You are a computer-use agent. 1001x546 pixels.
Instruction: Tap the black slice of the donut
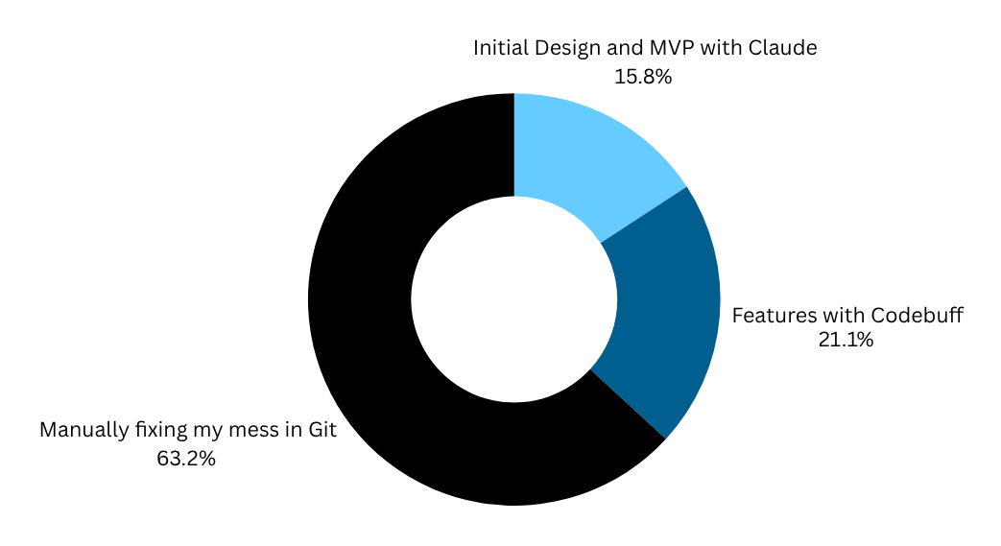[x=384, y=336]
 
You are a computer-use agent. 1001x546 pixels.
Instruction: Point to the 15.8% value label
[x=643, y=76]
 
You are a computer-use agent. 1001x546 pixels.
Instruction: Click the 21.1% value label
[x=845, y=339]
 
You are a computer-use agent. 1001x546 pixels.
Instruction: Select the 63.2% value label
[x=186, y=458]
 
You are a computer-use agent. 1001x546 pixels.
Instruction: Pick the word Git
[x=323, y=431]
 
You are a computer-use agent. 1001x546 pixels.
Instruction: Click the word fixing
[x=160, y=431]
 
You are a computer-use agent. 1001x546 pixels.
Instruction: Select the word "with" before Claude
[x=723, y=47]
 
